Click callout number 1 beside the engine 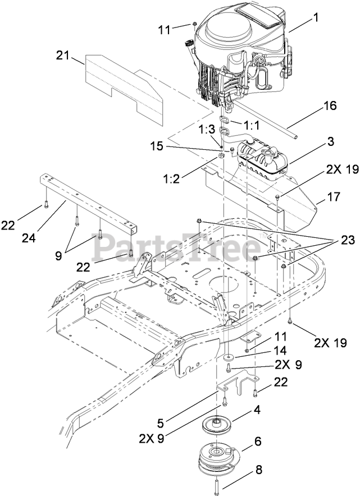(x=316, y=17)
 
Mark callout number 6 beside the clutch (x=258, y=441)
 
